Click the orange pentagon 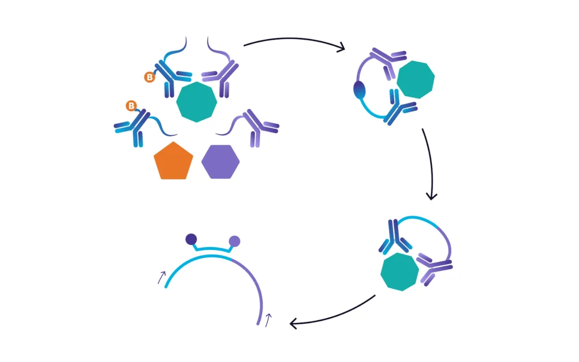pyautogui.click(x=173, y=162)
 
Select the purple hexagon pyautogui.click(x=221, y=162)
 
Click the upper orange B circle pyautogui.click(x=149, y=77)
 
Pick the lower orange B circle pyautogui.click(x=131, y=106)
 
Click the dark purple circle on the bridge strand pyautogui.click(x=191, y=239)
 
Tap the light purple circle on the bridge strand pyautogui.click(x=235, y=242)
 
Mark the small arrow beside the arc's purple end pyautogui.click(x=269, y=320)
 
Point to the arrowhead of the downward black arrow pyautogui.click(x=432, y=196)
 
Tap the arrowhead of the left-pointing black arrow pyautogui.click(x=293, y=324)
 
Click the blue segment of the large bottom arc pyautogui.click(x=192, y=263)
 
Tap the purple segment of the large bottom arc pyautogui.click(x=254, y=283)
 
